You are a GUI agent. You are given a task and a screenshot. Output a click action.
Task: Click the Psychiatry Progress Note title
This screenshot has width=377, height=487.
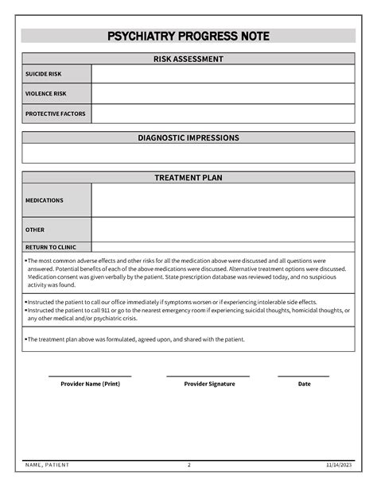[x=188, y=37]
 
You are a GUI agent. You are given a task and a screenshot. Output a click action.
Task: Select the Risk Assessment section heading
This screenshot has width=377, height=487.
[x=188, y=59]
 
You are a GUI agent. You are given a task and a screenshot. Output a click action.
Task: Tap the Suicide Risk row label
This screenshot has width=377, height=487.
[x=43, y=74]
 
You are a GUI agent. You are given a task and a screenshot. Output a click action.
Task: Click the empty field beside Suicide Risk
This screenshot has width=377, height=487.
[x=223, y=74]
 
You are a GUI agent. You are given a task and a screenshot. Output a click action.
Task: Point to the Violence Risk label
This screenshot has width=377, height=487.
[x=45, y=94]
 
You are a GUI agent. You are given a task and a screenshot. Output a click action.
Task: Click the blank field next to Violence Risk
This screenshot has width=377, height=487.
[x=223, y=94]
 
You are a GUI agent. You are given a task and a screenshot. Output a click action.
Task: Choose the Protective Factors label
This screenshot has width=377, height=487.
[x=55, y=114]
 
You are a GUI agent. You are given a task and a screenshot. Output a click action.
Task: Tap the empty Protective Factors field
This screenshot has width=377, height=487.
[x=223, y=114]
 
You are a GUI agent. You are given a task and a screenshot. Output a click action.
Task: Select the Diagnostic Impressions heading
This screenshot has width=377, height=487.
[x=188, y=137]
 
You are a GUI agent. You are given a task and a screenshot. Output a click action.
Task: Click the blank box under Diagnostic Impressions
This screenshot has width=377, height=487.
[x=188, y=153]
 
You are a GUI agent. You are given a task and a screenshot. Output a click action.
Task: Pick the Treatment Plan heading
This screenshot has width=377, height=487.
[x=188, y=177]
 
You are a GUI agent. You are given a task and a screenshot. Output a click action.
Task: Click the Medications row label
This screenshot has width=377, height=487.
[x=44, y=200]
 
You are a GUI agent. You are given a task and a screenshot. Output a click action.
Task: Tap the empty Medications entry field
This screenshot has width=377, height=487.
[x=223, y=200]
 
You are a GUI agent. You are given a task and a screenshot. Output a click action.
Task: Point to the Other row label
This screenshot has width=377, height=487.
[x=35, y=230]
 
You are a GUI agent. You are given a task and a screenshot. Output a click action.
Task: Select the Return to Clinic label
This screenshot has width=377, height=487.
[x=52, y=247]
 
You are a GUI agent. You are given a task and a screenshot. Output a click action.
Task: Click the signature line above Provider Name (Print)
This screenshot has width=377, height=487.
[x=90, y=376]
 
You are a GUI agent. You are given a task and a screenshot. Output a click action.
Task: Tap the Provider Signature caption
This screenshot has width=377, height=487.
[x=209, y=384]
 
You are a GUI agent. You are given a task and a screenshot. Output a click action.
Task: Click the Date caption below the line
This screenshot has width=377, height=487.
[x=304, y=384]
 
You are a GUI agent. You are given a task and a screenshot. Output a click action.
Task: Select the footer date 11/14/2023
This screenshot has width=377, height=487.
[x=339, y=464]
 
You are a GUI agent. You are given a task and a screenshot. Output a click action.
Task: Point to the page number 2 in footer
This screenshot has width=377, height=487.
[x=188, y=464]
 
